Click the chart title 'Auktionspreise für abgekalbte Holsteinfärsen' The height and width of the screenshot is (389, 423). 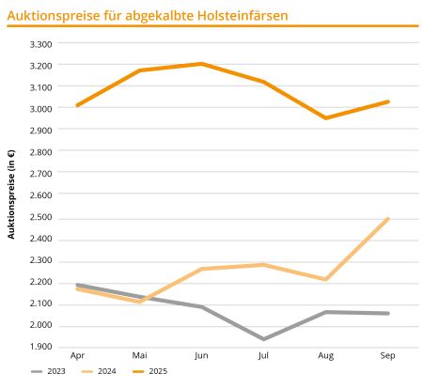click(149, 15)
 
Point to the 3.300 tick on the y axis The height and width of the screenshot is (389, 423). click(41, 44)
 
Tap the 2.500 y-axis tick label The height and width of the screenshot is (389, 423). click(41, 218)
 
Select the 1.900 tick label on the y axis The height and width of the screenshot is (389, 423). click(41, 348)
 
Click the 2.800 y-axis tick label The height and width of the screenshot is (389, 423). click(41, 152)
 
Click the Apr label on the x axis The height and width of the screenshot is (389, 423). click(78, 357)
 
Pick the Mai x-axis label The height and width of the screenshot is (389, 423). click(139, 357)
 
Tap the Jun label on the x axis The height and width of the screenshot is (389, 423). click(201, 357)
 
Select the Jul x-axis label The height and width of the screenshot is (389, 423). click(263, 357)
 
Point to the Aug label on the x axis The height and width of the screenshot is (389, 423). click(325, 357)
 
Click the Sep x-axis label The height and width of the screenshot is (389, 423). click(386, 357)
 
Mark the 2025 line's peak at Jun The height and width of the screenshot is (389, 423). click(201, 64)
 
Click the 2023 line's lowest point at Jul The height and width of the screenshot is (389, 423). click(263, 338)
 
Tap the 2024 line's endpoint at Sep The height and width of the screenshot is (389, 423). click(387, 219)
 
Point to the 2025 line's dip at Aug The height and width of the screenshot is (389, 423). click(325, 118)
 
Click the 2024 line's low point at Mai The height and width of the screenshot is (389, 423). click(139, 302)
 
